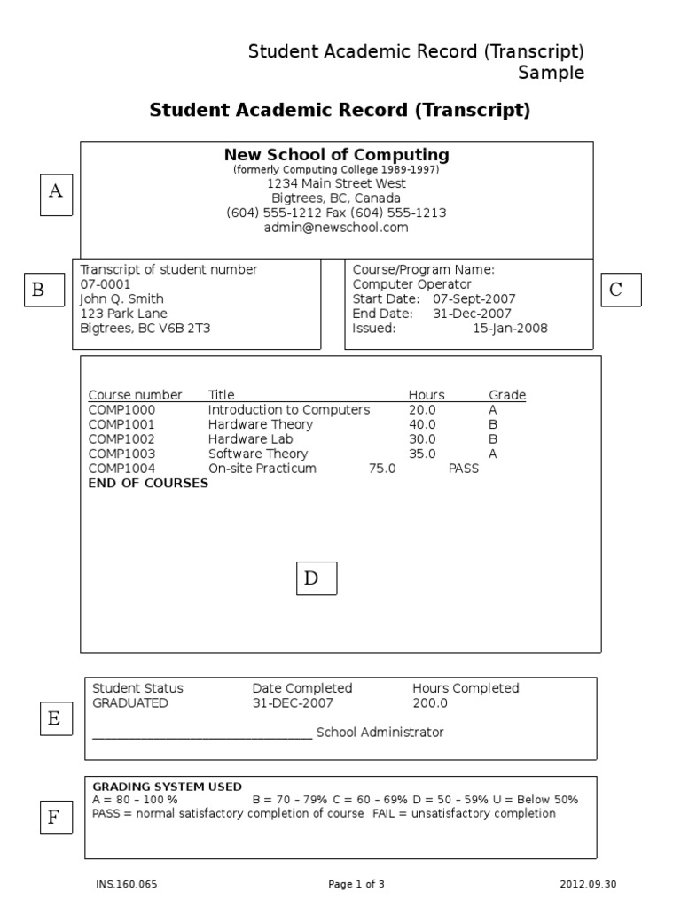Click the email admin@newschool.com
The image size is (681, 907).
coord(336,228)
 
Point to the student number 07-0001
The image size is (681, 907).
coord(105,284)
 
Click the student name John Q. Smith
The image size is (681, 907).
coord(121,299)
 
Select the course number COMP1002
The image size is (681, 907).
coord(121,439)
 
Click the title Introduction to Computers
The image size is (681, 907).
coord(288,410)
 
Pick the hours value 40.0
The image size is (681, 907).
coord(422,425)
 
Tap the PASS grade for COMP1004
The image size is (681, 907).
coord(463,469)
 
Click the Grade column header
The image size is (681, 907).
coord(507,395)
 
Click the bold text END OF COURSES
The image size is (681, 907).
coord(148,484)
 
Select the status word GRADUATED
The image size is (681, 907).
coord(130,703)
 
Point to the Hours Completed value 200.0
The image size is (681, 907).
coord(430,703)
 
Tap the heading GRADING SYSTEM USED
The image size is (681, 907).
coord(167,787)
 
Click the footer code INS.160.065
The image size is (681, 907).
coord(119,884)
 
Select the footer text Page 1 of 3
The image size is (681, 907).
coord(356,884)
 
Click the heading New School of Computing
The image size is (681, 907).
coord(336,155)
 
